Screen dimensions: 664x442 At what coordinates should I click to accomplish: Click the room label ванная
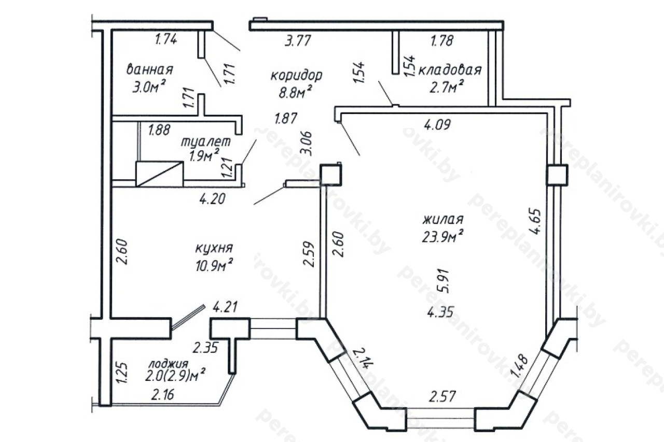[x=150, y=69]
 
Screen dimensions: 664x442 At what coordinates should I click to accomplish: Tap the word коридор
[x=296, y=75]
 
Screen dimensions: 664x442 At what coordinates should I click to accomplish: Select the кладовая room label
[x=450, y=70]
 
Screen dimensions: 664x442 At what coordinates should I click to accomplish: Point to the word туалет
[x=205, y=141]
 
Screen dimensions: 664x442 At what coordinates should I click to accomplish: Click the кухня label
[x=214, y=248]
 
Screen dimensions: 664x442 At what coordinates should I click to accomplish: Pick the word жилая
[x=443, y=220]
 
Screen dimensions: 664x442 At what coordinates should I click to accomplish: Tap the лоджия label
[x=169, y=364]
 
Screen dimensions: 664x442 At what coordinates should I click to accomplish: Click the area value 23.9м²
[x=443, y=236]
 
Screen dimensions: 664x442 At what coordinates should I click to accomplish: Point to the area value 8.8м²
[x=295, y=92]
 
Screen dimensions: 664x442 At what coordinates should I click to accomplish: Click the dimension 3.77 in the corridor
[x=298, y=40]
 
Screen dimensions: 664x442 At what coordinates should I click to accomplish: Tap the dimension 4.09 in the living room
[x=437, y=124]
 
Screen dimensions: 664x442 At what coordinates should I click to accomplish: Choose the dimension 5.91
[x=445, y=281]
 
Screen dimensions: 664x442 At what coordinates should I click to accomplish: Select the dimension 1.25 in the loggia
[x=123, y=373]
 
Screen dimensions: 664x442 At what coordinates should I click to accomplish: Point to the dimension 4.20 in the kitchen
[x=212, y=198]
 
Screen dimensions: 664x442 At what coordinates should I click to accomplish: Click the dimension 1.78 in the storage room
[x=442, y=40]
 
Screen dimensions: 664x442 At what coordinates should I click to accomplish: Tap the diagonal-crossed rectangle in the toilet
[x=159, y=174]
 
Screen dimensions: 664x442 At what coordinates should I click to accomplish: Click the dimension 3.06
[x=306, y=144]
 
